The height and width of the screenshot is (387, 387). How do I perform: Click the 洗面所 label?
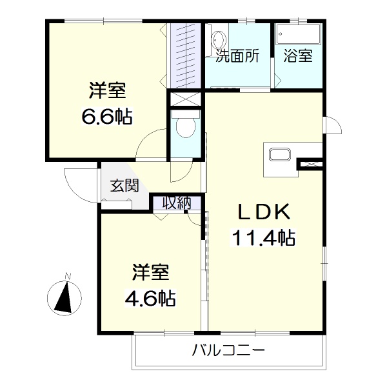237,55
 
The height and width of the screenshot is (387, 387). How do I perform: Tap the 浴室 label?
298,55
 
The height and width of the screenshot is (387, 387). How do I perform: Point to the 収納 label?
177,203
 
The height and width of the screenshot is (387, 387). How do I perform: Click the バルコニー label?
228,350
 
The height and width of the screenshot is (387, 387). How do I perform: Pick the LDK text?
263,212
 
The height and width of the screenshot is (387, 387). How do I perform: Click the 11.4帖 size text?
263,237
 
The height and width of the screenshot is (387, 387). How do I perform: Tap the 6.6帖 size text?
107,115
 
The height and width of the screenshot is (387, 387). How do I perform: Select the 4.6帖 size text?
150,298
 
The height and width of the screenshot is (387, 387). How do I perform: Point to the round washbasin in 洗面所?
219,39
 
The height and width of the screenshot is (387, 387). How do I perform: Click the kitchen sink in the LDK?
280,155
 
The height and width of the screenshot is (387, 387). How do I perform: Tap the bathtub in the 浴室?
298,34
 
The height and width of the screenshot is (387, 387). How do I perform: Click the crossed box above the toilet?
186,99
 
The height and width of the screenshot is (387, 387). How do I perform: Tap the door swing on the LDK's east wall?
333,125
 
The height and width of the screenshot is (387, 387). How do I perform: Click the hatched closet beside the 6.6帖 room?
186,55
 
